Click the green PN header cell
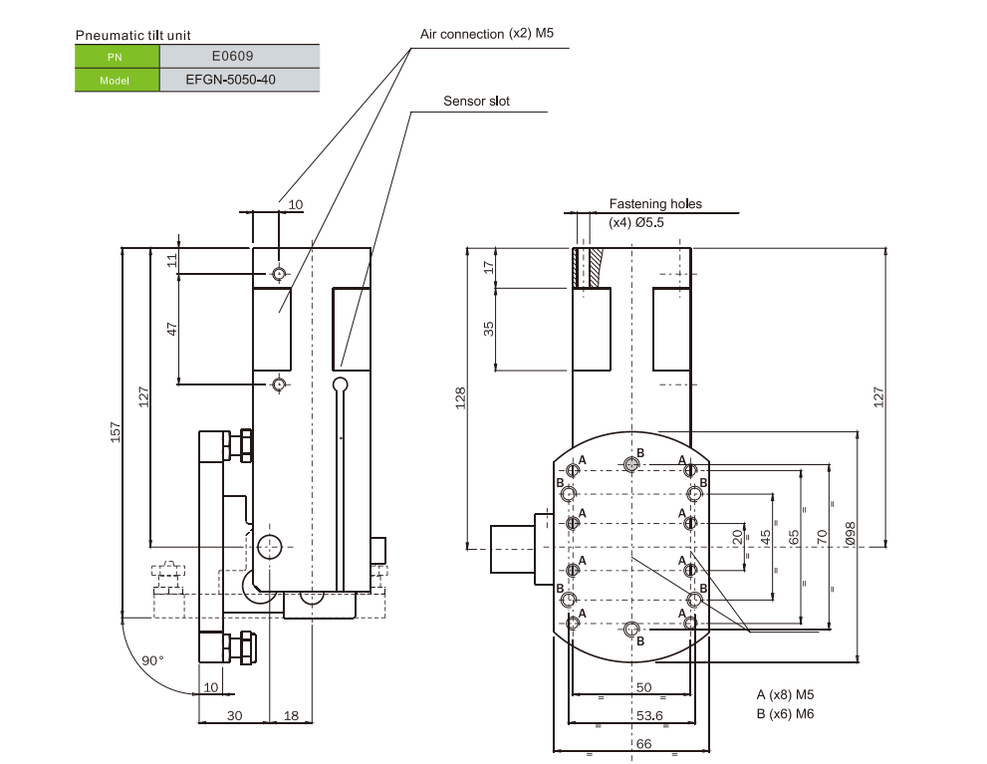pyautogui.click(x=117, y=57)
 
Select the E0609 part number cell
pyautogui.click(x=239, y=57)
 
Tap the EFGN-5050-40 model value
pyautogui.click(x=239, y=80)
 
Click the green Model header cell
pyautogui.click(x=117, y=80)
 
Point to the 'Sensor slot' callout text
pyautogui.click(x=476, y=102)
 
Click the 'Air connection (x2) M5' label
pyautogui.click(x=486, y=34)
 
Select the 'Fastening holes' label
pyautogui.click(x=655, y=204)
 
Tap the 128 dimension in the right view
pyautogui.click(x=460, y=396)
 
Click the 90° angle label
pyautogui.click(x=152, y=660)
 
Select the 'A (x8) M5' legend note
pyautogui.click(x=785, y=694)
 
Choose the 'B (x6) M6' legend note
pyautogui.click(x=785, y=713)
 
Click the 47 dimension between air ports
pyautogui.click(x=172, y=329)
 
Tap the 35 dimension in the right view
pyautogui.click(x=489, y=329)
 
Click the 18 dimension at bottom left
pyautogui.click(x=291, y=715)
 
